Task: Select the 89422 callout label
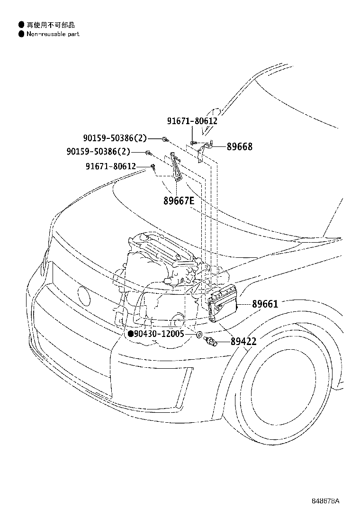(243, 341)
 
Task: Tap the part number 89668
(239, 147)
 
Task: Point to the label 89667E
(179, 200)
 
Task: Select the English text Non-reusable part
(53, 34)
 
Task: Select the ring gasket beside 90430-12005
(200, 335)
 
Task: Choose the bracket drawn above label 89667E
(176, 168)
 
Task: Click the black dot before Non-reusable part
(21, 34)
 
